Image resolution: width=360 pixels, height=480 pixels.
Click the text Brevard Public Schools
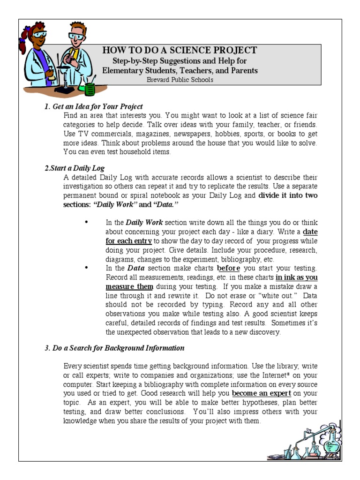[x=180, y=80]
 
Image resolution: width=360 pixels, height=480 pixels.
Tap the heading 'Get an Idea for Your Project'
[x=97, y=107]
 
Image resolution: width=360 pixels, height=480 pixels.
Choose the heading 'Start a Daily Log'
[x=76, y=168]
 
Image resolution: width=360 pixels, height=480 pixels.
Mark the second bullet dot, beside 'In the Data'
[x=86, y=268]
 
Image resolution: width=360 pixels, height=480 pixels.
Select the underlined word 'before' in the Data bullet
[x=228, y=269]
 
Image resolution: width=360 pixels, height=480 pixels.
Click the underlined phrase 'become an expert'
[x=262, y=393]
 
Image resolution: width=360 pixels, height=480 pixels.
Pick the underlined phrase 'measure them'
[x=129, y=286]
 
